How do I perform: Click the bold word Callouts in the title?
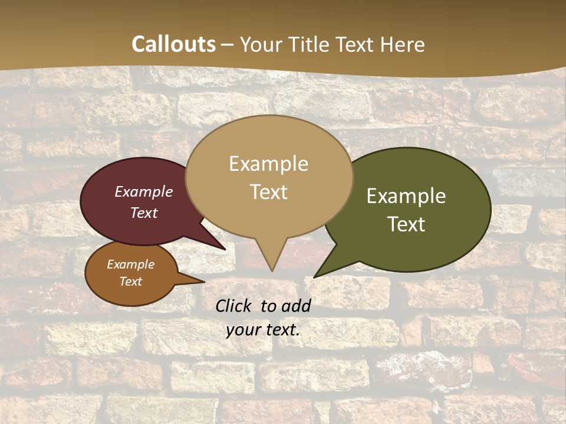pos(173,44)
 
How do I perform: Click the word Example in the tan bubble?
pos(268,164)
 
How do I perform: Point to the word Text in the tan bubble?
pos(268,192)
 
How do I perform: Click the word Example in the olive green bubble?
pos(406,196)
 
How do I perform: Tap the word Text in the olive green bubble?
pos(406,224)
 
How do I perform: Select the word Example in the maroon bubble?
pos(143,192)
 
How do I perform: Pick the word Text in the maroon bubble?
pos(143,213)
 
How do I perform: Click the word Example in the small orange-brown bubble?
pos(130,264)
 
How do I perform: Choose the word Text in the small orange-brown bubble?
pos(130,281)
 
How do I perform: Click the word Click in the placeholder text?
pos(234,306)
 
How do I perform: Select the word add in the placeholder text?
pos(296,306)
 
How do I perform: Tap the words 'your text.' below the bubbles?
pos(262,330)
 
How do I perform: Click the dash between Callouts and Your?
pos(228,44)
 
